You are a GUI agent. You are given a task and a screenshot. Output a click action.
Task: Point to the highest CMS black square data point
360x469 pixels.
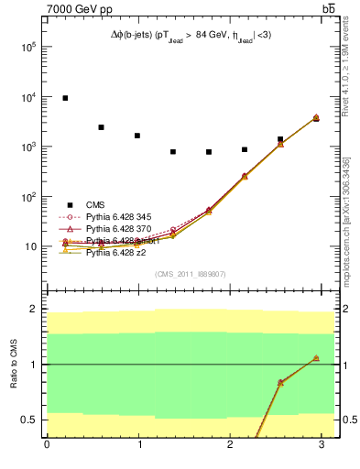pos(65,98)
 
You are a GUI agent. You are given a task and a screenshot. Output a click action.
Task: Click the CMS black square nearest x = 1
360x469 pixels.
pos(136,136)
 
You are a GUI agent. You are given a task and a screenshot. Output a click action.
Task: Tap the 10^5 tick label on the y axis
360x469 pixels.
pos(27,47)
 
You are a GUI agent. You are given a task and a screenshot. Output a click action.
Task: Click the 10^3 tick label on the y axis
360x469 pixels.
pos(27,147)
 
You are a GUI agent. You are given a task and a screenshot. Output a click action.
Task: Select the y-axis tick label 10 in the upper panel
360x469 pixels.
pos(30,246)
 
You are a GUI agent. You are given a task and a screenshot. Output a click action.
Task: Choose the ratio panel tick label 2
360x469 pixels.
pos(33,309)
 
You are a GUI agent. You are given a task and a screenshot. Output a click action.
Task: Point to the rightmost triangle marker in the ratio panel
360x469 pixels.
pos(316,358)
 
